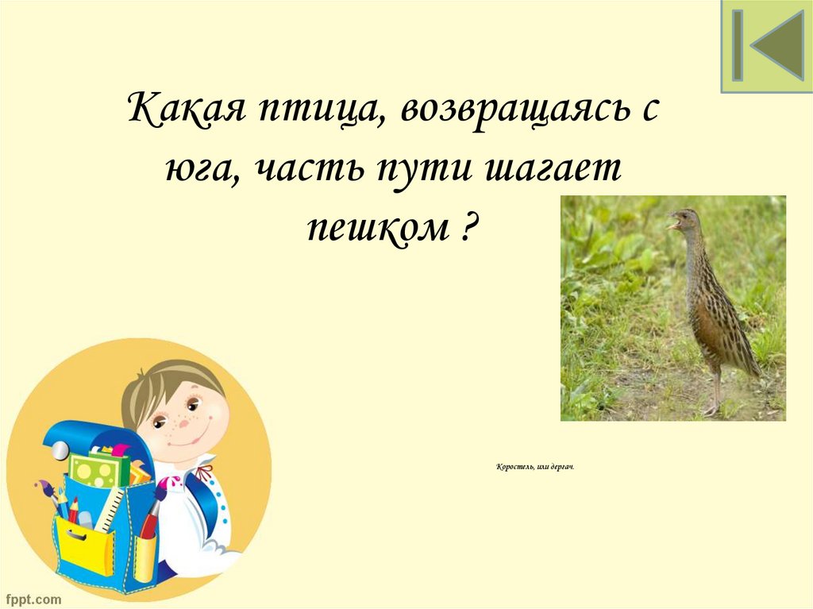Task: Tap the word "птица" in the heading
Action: tap(314, 110)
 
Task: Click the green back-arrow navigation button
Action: tap(767, 46)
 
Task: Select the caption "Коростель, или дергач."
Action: tap(534, 467)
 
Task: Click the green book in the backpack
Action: tap(98, 470)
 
